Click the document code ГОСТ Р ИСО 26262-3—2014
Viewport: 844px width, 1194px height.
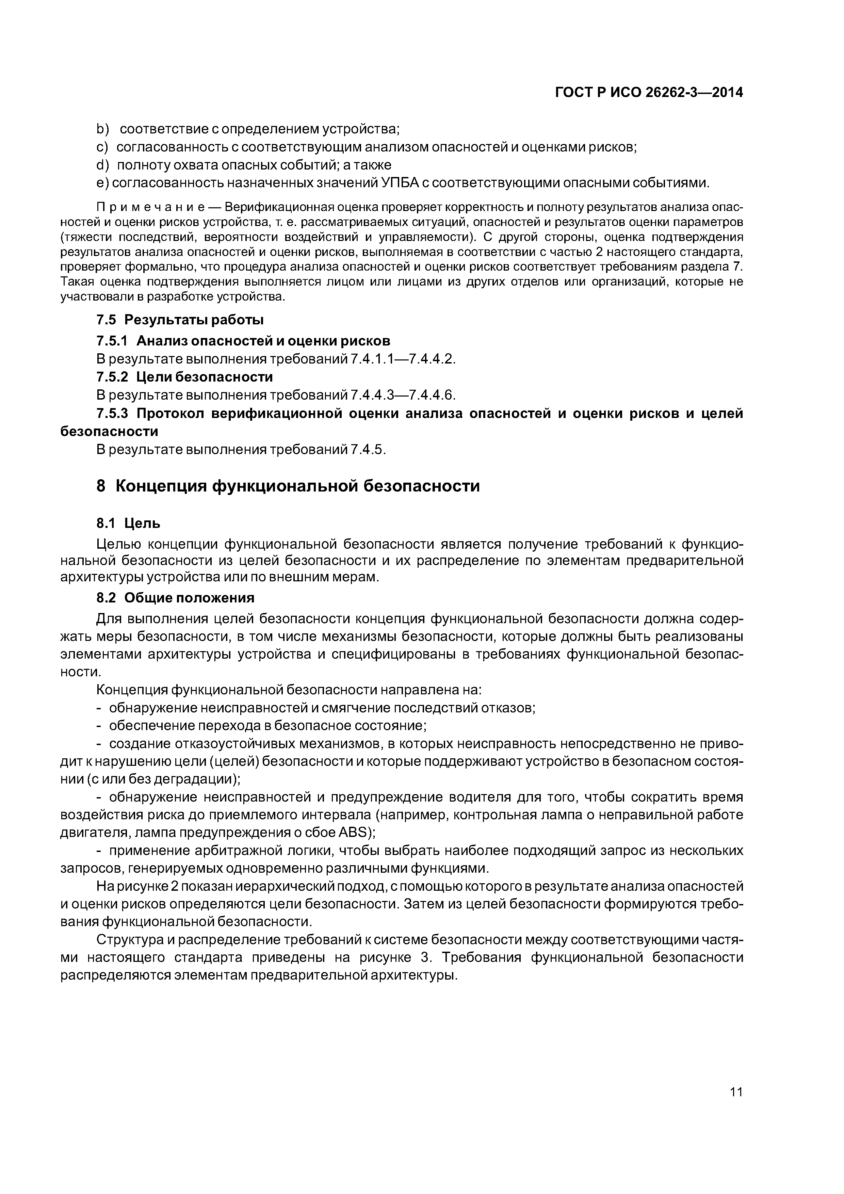click(x=649, y=93)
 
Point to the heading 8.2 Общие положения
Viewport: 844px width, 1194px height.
click(x=175, y=598)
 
